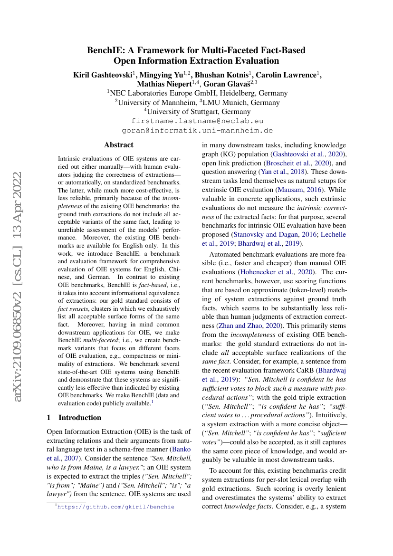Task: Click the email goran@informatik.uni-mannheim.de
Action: [197, 130]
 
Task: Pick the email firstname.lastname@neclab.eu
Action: [197, 121]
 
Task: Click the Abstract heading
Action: [119, 145]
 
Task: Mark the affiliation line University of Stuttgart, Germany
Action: [197, 112]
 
